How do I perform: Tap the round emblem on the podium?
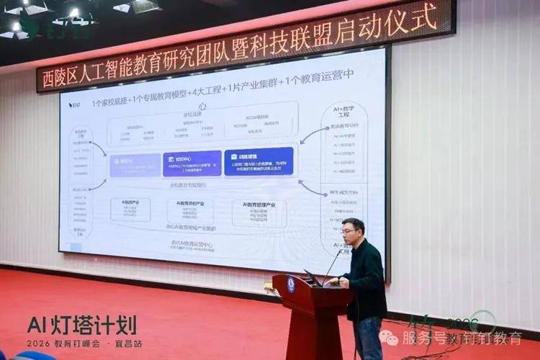291,283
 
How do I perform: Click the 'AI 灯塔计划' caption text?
81,325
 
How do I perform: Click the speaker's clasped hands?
343,282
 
